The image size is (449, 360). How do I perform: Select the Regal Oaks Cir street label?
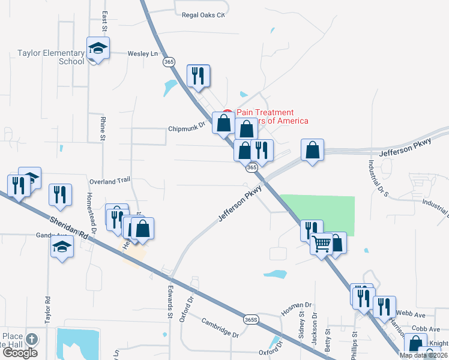click(203, 14)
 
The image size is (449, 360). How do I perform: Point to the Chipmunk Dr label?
click(187, 128)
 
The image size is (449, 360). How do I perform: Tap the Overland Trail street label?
click(109, 180)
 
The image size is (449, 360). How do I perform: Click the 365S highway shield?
click(253, 320)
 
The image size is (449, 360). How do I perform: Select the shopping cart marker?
click(322, 244)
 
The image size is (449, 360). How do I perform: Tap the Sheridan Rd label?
click(70, 227)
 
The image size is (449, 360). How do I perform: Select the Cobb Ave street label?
click(426, 329)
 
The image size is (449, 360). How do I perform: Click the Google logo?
click(20, 353)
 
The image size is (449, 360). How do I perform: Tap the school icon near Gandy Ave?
click(62, 246)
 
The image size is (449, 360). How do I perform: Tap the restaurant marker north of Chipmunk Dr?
click(198, 75)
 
